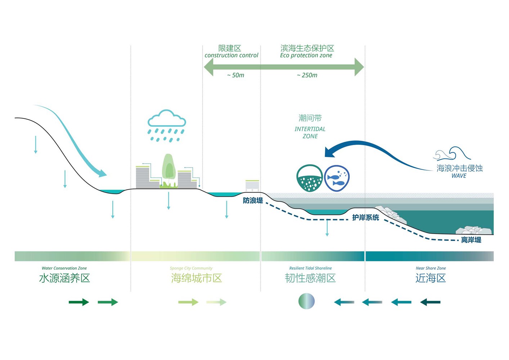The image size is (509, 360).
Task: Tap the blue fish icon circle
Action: click(x=337, y=178)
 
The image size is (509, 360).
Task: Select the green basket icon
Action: click(x=309, y=178)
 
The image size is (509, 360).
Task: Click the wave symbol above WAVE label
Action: click(x=452, y=154)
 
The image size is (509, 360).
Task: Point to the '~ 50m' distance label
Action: click(x=235, y=75)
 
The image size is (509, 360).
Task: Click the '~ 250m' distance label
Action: click(x=307, y=75)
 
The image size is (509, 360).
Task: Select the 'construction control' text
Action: click(x=231, y=55)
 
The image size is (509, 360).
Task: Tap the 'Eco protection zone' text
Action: click(x=306, y=55)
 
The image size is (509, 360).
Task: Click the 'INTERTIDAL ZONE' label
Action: click(x=310, y=132)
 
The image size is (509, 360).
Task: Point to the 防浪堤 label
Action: click(x=253, y=201)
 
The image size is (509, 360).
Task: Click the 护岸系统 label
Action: click(x=365, y=217)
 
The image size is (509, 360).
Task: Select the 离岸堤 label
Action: click(x=471, y=240)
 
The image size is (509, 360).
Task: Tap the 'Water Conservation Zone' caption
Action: click(x=64, y=268)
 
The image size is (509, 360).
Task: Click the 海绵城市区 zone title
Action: click(x=197, y=278)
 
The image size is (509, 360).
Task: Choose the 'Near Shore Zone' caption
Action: click(x=431, y=268)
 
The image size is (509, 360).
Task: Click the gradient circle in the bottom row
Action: click(x=307, y=301)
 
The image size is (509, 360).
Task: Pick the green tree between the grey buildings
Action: click(x=168, y=167)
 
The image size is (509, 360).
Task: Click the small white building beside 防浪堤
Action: click(x=252, y=185)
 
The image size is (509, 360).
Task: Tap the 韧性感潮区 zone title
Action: click(x=310, y=278)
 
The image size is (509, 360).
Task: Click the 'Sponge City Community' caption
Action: click(x=191, y=268)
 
